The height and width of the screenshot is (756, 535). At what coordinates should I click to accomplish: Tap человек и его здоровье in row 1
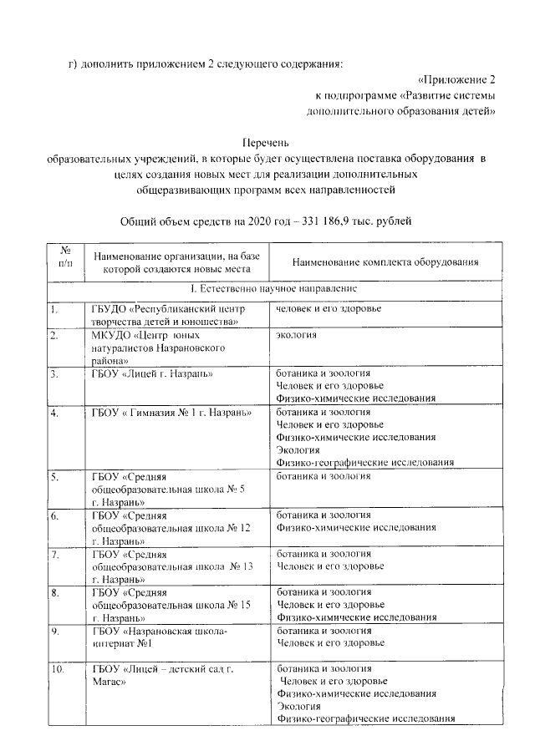(329, 309)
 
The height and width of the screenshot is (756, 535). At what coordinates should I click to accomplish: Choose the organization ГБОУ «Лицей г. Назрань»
(153, 373)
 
